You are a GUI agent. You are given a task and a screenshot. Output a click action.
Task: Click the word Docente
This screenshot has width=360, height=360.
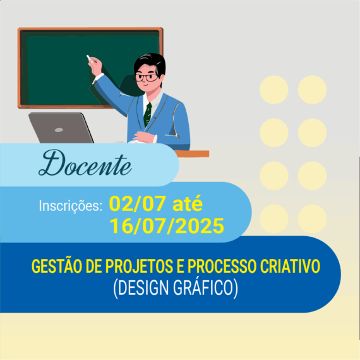(85, 164)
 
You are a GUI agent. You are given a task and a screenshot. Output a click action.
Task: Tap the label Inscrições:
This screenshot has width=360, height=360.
(71, 206)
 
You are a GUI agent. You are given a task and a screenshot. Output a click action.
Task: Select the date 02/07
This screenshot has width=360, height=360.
(137, 203)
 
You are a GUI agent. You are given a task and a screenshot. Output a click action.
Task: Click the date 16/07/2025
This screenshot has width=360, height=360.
(167, 226)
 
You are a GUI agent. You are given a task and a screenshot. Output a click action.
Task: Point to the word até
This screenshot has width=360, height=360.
(188, 203)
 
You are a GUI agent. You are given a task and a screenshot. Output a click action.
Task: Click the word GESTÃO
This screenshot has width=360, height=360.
(57, 266)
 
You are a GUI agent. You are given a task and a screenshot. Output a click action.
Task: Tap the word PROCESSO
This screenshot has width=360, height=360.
(222, 267)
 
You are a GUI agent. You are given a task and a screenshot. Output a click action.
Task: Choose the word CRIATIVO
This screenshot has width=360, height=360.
(290, 267)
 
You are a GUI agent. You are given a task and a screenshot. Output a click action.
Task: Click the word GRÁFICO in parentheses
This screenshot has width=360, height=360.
(205, 288)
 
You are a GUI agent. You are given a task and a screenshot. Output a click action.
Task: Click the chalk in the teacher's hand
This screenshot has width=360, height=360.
(89, 58)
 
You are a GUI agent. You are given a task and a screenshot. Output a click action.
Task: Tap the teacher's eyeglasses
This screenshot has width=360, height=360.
(147, 78)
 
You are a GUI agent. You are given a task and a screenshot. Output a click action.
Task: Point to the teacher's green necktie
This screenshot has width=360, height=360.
(148, 114)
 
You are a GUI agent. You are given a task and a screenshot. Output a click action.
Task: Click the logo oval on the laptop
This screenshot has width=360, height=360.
(59, 130)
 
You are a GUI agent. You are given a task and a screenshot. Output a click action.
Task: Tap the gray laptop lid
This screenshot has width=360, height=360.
(61, 128)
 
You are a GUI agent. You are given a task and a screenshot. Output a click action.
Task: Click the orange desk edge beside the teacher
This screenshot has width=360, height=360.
(192, 153)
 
